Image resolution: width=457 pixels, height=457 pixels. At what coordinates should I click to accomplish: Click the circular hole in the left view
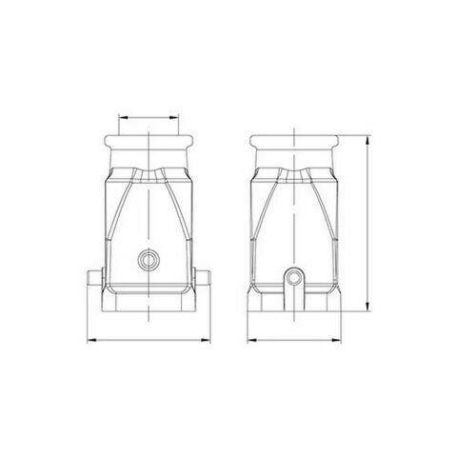[x=149, y=258]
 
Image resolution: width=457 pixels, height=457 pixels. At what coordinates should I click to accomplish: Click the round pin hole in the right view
[x=293, y=276]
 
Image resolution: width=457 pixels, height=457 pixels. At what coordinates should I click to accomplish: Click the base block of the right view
[x=293, y=305]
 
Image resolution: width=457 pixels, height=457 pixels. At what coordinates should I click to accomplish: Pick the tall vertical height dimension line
[x=368, y=224]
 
